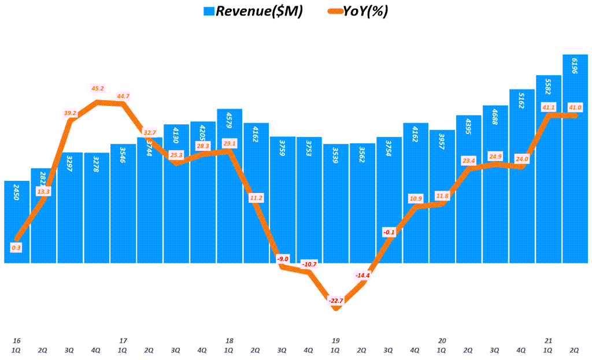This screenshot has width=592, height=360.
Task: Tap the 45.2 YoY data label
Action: click(x=98, y=88)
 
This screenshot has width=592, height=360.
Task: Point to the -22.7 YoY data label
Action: click(x=336, y=300)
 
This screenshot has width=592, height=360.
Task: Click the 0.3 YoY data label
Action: click(x=17, y=247)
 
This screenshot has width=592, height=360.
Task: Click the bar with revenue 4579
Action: click(x=230, y=185)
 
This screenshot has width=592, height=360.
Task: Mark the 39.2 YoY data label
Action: click(x=71, y=113)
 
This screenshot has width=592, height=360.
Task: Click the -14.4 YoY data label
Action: click(x=363, y=275)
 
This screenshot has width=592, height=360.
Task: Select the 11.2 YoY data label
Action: click(x=257, y=198)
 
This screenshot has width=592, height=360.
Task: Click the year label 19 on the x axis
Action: click(x=335, y=341)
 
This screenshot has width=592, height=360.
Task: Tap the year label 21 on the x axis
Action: click(x=548, y=341)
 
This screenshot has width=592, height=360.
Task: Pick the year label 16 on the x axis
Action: click(x=17, y=341)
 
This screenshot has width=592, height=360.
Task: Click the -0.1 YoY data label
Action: click(x=389, y=232)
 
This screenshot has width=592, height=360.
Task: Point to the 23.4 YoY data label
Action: click(x=468, y=161)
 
